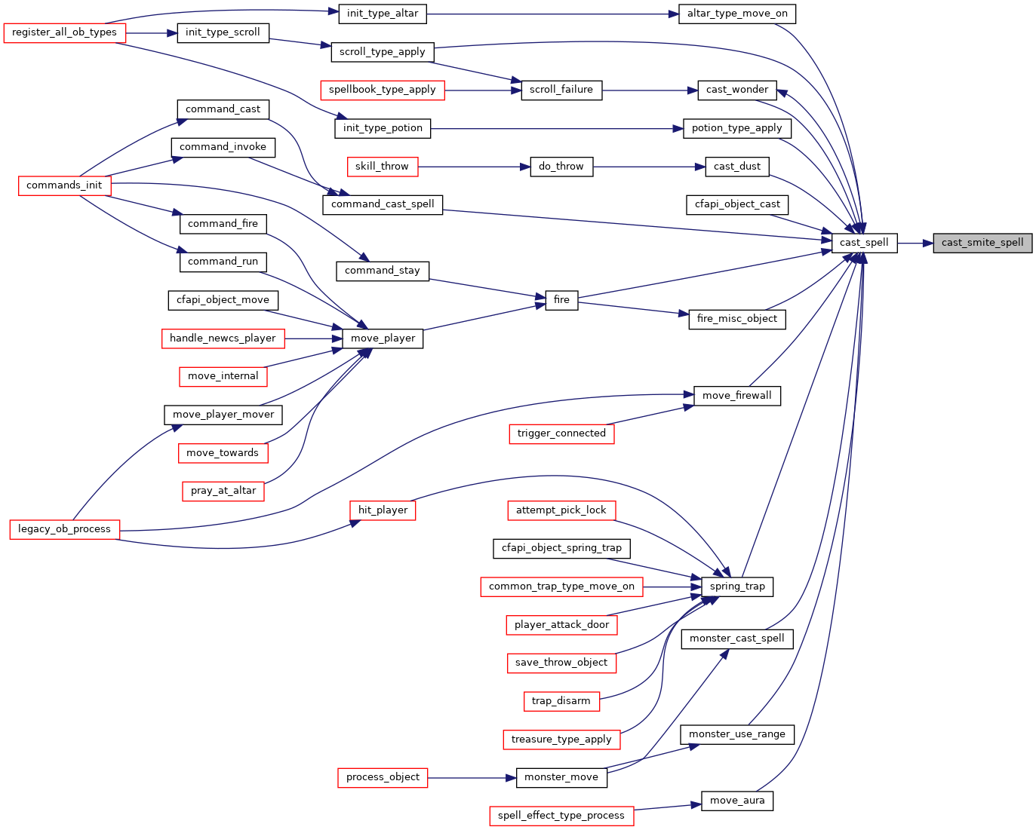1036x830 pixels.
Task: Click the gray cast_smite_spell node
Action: (x=982, y=243)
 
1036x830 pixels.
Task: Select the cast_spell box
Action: (x=864, y=243)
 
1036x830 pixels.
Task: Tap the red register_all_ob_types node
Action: (x=64, y=33)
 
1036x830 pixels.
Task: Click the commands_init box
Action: (x=64, y=185)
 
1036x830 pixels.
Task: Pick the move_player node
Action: (x=383, y=338)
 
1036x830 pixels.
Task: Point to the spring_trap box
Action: (x=737, y=587)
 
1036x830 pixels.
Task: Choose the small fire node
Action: (x=561, y=300)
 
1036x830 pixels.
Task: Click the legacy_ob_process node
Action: (x=64, y=529)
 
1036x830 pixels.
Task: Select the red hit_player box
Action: (x=383, y=510)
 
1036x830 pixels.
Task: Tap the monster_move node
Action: (x=561, y=777)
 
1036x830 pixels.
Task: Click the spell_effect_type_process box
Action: (x=561, y=816)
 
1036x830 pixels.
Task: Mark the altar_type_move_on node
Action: (x=737, y=14)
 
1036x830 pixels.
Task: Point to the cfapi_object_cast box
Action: (x=737, y=205)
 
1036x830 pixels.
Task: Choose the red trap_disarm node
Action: (x=561, y=702)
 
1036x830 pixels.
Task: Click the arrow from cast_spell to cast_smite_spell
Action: (x=915, y=243)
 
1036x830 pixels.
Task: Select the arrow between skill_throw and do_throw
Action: (x=474, y=167)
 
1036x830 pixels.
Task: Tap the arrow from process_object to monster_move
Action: (x=472, y=777)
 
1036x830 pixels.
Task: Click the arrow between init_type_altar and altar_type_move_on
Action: (x=552, y=14)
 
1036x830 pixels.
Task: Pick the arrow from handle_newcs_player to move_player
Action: (x=313, y=338)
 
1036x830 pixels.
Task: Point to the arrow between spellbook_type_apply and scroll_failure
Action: (x=483, y=90)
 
